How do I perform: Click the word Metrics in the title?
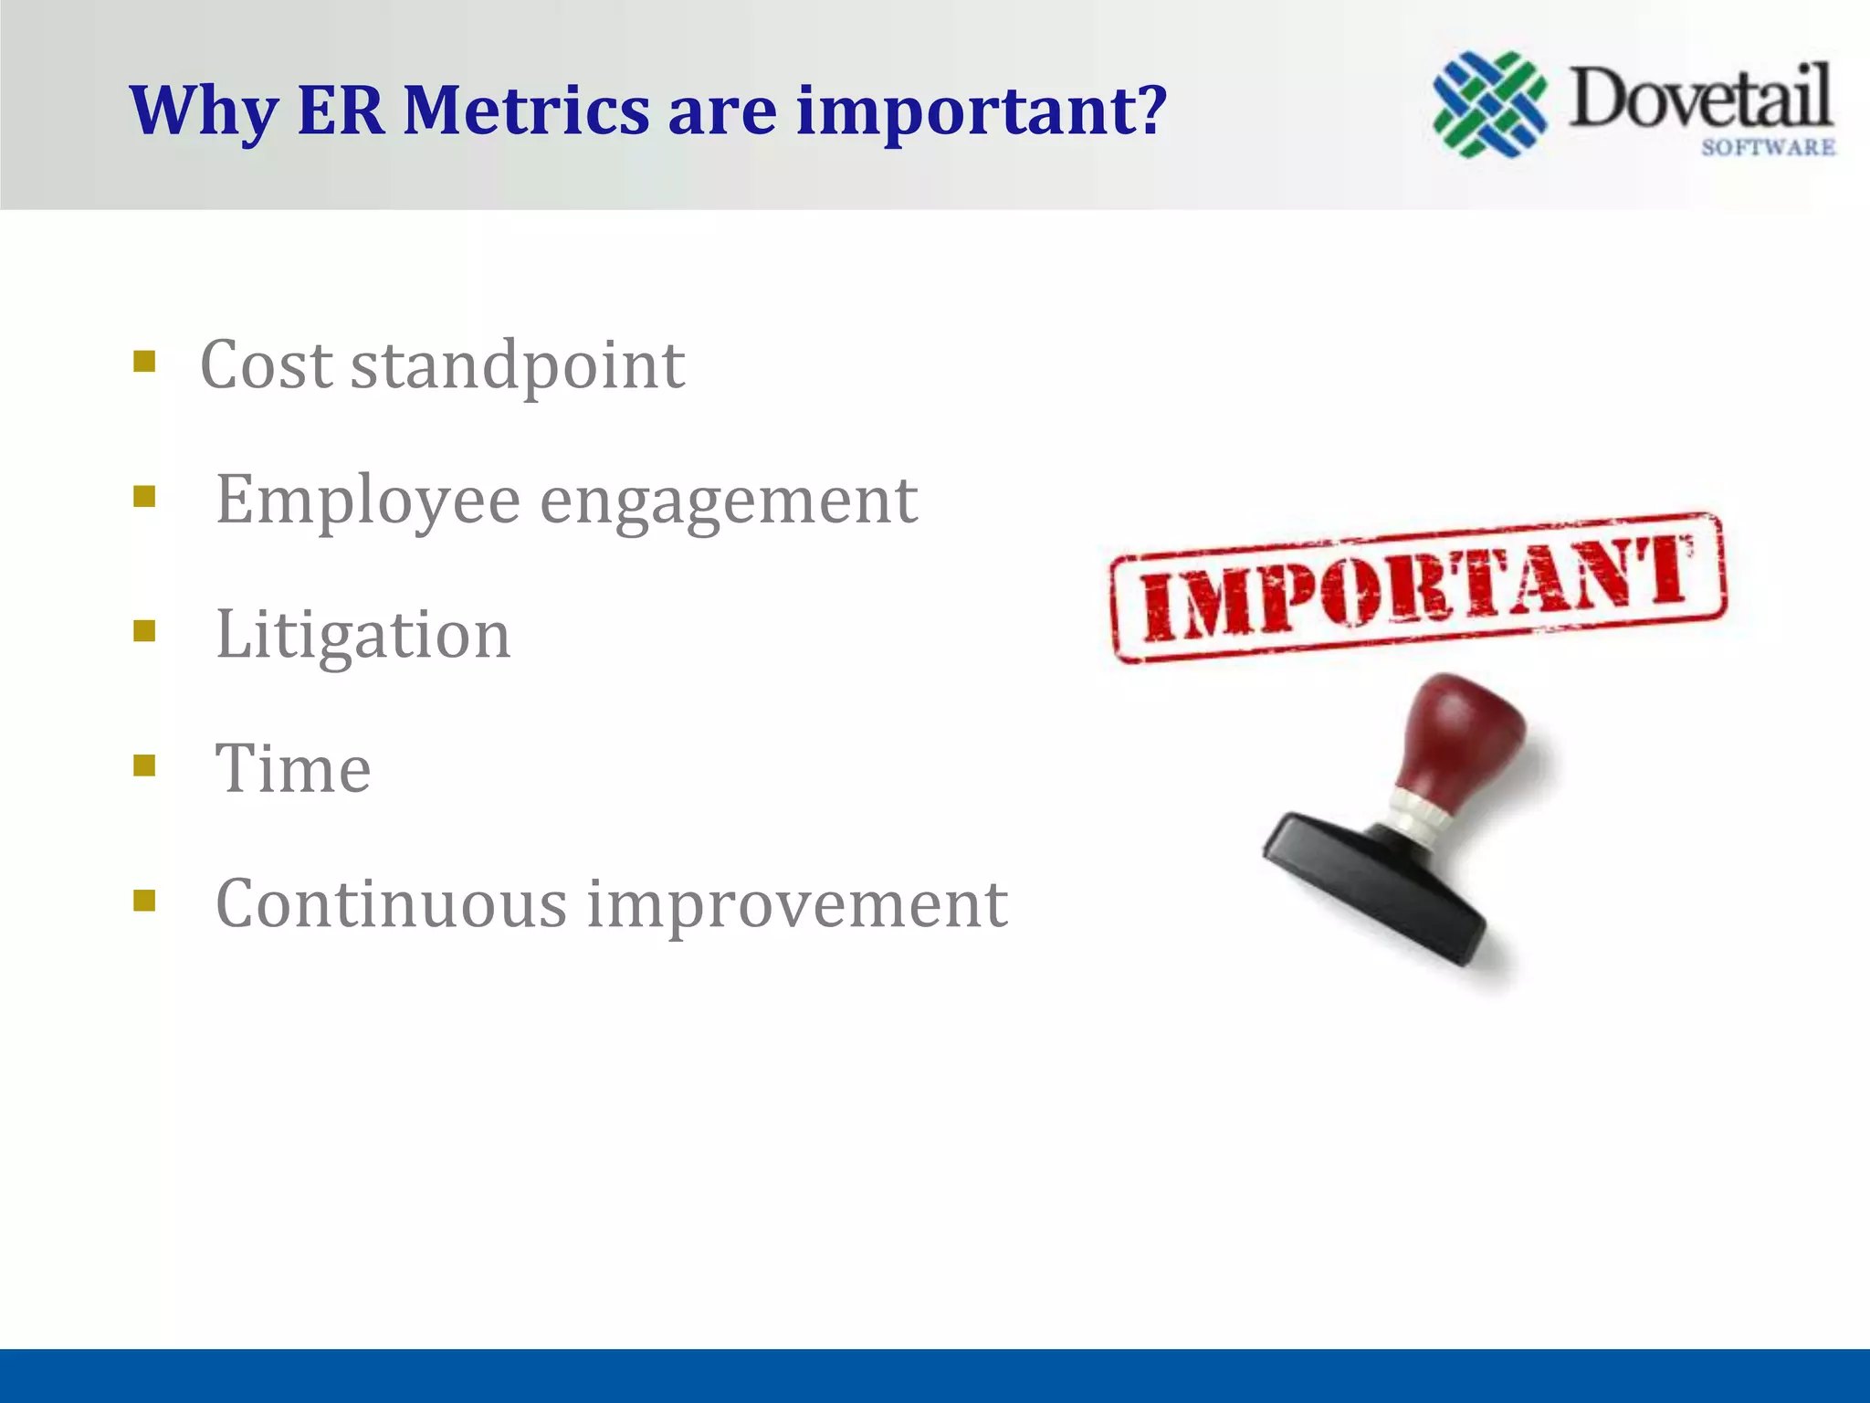526,111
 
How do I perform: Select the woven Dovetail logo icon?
1489,105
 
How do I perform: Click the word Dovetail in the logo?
1700,99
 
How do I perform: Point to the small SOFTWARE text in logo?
1768,147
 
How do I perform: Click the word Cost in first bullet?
266,365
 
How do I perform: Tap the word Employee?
367,501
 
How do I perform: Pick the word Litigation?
362,635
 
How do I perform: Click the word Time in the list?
293,769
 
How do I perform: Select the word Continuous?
391,904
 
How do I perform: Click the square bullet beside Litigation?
144,631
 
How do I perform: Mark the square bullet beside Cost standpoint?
144,362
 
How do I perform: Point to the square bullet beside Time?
144,765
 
